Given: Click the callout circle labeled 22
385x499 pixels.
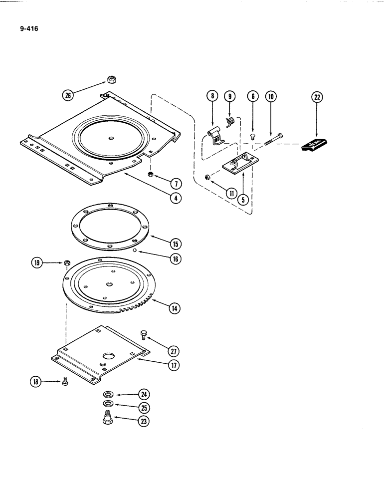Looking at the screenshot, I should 316,97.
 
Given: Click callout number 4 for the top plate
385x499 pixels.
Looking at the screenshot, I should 175,198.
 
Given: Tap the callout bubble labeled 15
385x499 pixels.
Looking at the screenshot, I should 175,244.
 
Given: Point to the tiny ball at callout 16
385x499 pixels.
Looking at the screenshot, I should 135,251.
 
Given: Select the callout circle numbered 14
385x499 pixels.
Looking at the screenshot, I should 175,309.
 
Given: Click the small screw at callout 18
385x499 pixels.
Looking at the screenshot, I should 64,382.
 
